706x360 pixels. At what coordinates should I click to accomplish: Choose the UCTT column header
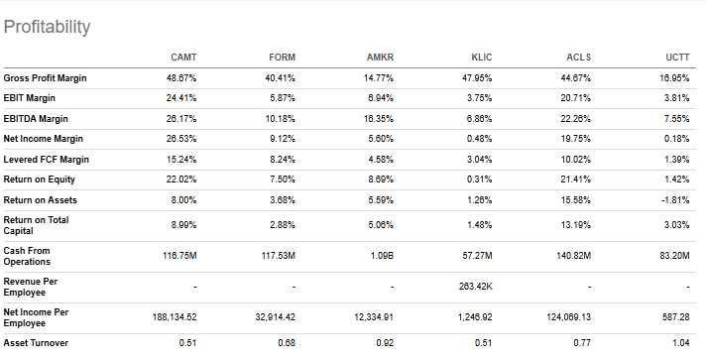click(x=678, y=58)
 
